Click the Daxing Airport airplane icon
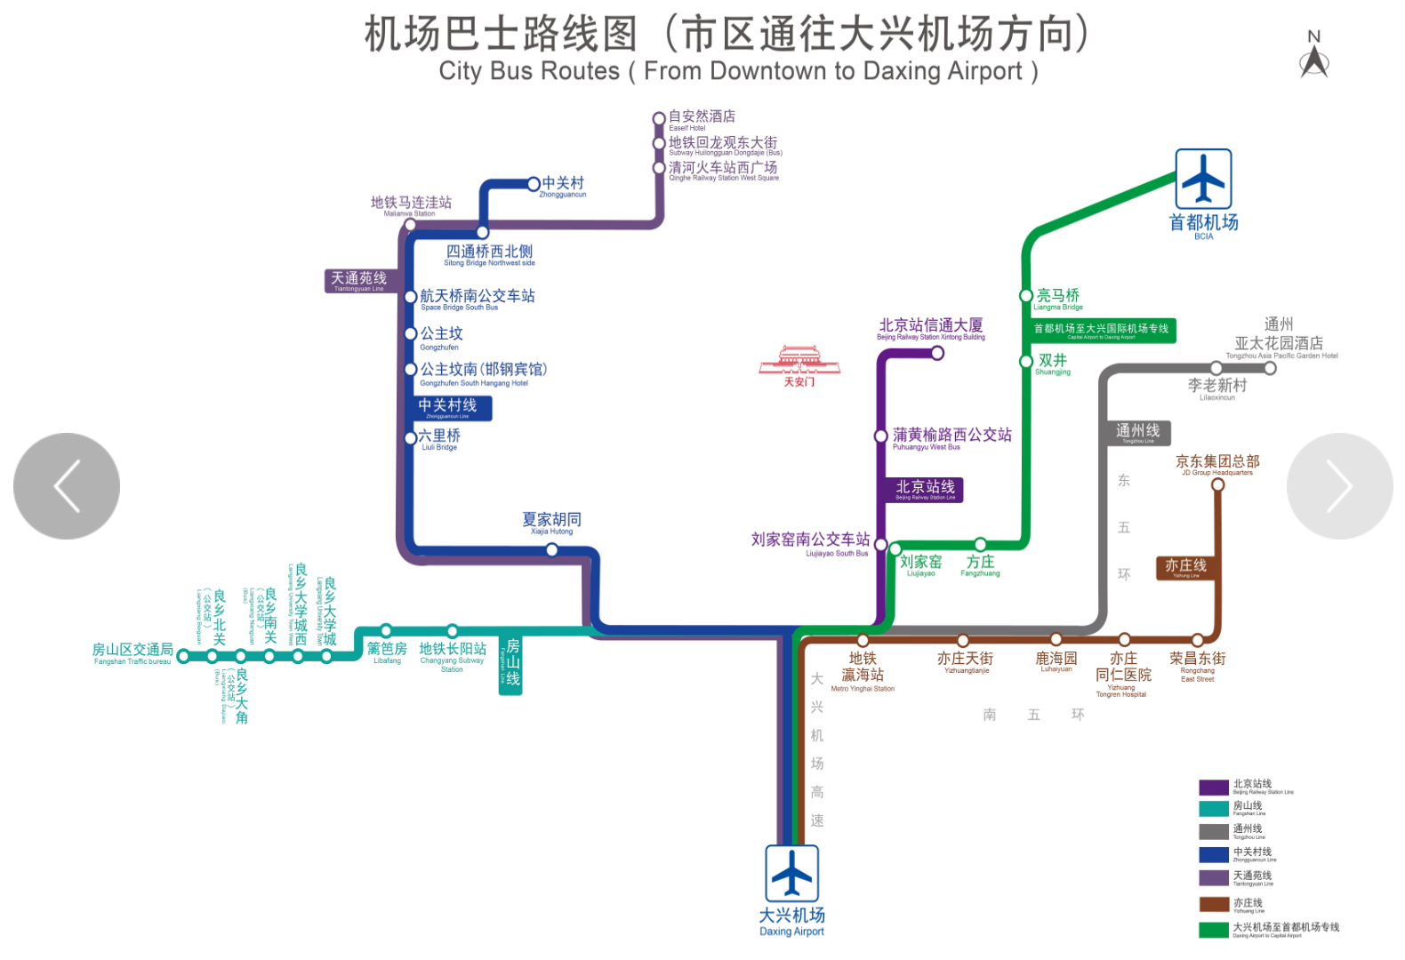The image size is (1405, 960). (791, 873)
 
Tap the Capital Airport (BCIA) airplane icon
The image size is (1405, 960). (1203, 179)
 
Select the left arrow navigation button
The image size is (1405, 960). (67, 486)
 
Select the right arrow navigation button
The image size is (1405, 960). (1339, 486)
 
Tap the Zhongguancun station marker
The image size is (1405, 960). (534, 184)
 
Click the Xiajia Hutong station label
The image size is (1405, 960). (551, 522)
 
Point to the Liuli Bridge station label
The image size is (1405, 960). (439, 438)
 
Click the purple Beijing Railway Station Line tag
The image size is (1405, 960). (925, 490)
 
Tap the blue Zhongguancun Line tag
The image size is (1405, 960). (450, 408)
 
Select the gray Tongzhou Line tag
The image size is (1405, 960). (1137, 433)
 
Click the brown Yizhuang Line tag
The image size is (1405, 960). (1185, 568)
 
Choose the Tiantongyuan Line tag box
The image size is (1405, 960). (359, 281)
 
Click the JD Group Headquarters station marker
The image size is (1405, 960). (1217, 484)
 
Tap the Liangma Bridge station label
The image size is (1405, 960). (1058, 299)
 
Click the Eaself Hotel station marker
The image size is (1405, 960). (659, 118)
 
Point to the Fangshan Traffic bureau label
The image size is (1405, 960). (132, 653)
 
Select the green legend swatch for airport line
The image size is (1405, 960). (1213, 930)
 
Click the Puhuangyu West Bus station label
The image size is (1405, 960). (951, 437)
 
